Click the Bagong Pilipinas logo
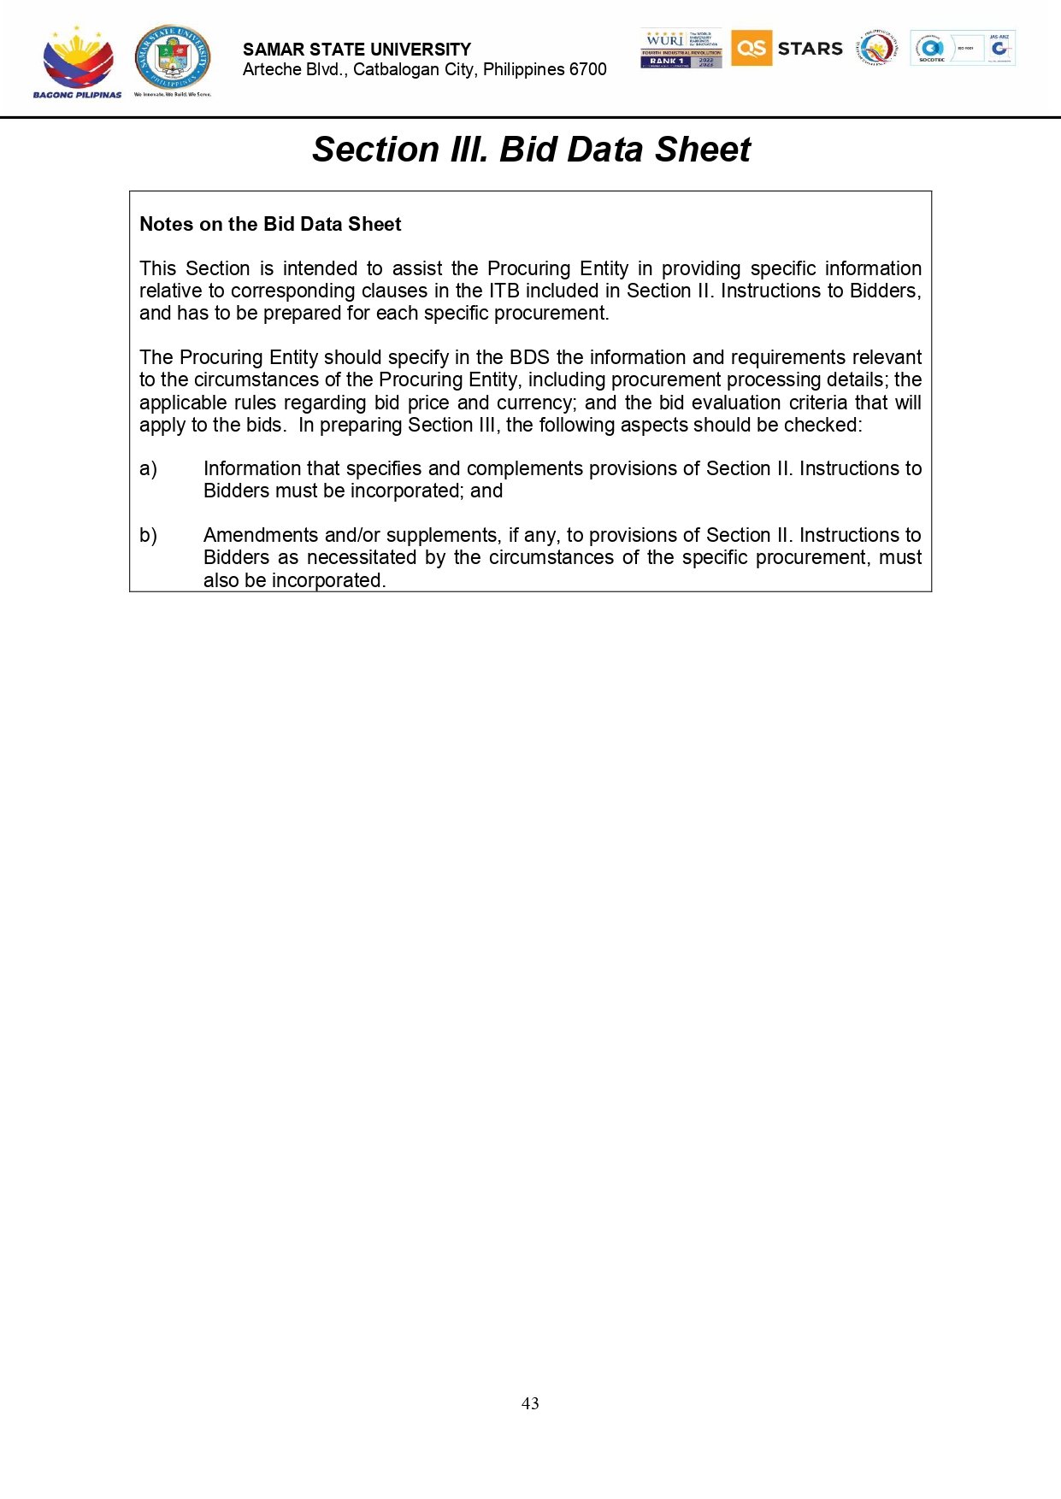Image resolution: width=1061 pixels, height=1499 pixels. [x=77, y=62]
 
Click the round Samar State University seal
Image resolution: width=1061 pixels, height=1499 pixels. [x=173, y=57]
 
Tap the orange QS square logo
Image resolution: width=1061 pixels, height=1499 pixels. [x=752, y=48]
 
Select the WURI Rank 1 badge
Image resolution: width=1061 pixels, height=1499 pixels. [x=681, y=49]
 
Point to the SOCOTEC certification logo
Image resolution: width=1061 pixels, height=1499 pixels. [x=931, y=49]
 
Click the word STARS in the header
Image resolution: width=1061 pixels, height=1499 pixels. [x=810, y=49]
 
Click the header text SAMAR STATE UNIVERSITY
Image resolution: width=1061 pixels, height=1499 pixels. [x=357, y=50]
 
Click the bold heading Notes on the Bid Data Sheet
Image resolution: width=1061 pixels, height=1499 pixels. [x=270, y=224]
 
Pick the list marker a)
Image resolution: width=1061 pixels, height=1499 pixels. [x=148, y=469]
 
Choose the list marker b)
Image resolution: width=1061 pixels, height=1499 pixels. [x=148, y=536]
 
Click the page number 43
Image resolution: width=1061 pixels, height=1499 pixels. [x=530, y=1403]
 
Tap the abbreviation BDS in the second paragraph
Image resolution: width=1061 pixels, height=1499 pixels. [x=529, y=357]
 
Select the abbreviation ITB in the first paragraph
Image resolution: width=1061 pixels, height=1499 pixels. [x=504, y=291]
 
